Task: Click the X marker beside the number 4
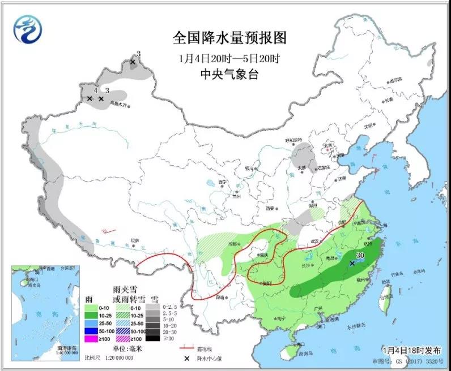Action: (x=90, y=99)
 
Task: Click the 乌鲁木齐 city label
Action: (x=119, y=104)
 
